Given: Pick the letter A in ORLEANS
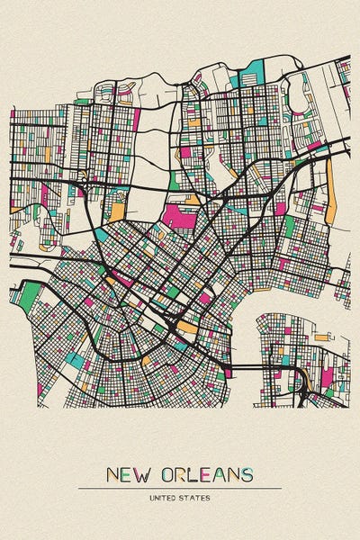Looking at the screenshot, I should tap(218, 474).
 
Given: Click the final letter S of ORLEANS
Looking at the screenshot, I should tap(246, 474).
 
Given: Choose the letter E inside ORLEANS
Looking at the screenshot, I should tap(204, 474).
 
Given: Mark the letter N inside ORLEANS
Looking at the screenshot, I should tap(232, 474).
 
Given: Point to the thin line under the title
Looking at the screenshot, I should tap(180, 488).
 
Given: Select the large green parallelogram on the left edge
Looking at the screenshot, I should tap(31, 292).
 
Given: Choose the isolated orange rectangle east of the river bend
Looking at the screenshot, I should tap(321, 337).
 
